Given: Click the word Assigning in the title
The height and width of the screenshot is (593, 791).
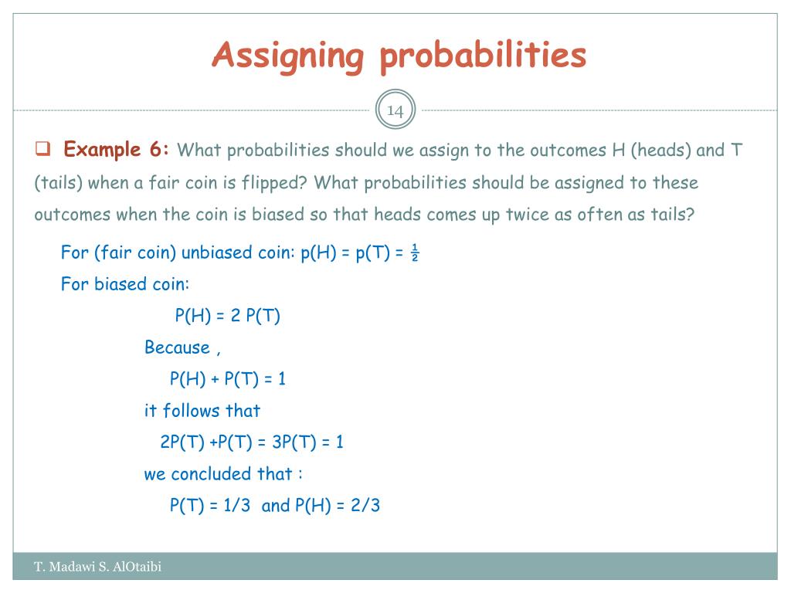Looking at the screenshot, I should click(288, 56).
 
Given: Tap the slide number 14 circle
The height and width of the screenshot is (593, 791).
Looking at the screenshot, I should click(395, 110).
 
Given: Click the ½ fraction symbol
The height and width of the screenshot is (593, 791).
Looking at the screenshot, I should click(414, 254).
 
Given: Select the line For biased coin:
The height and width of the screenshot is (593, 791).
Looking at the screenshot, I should click(125, 284).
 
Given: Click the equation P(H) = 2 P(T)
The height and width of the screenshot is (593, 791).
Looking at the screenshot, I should click(227, 316).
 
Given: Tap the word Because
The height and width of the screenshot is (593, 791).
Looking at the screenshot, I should click(177, 347).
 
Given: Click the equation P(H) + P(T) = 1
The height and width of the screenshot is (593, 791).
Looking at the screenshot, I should click(228, 379).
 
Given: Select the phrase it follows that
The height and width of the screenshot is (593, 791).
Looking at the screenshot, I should click(202, 411).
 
